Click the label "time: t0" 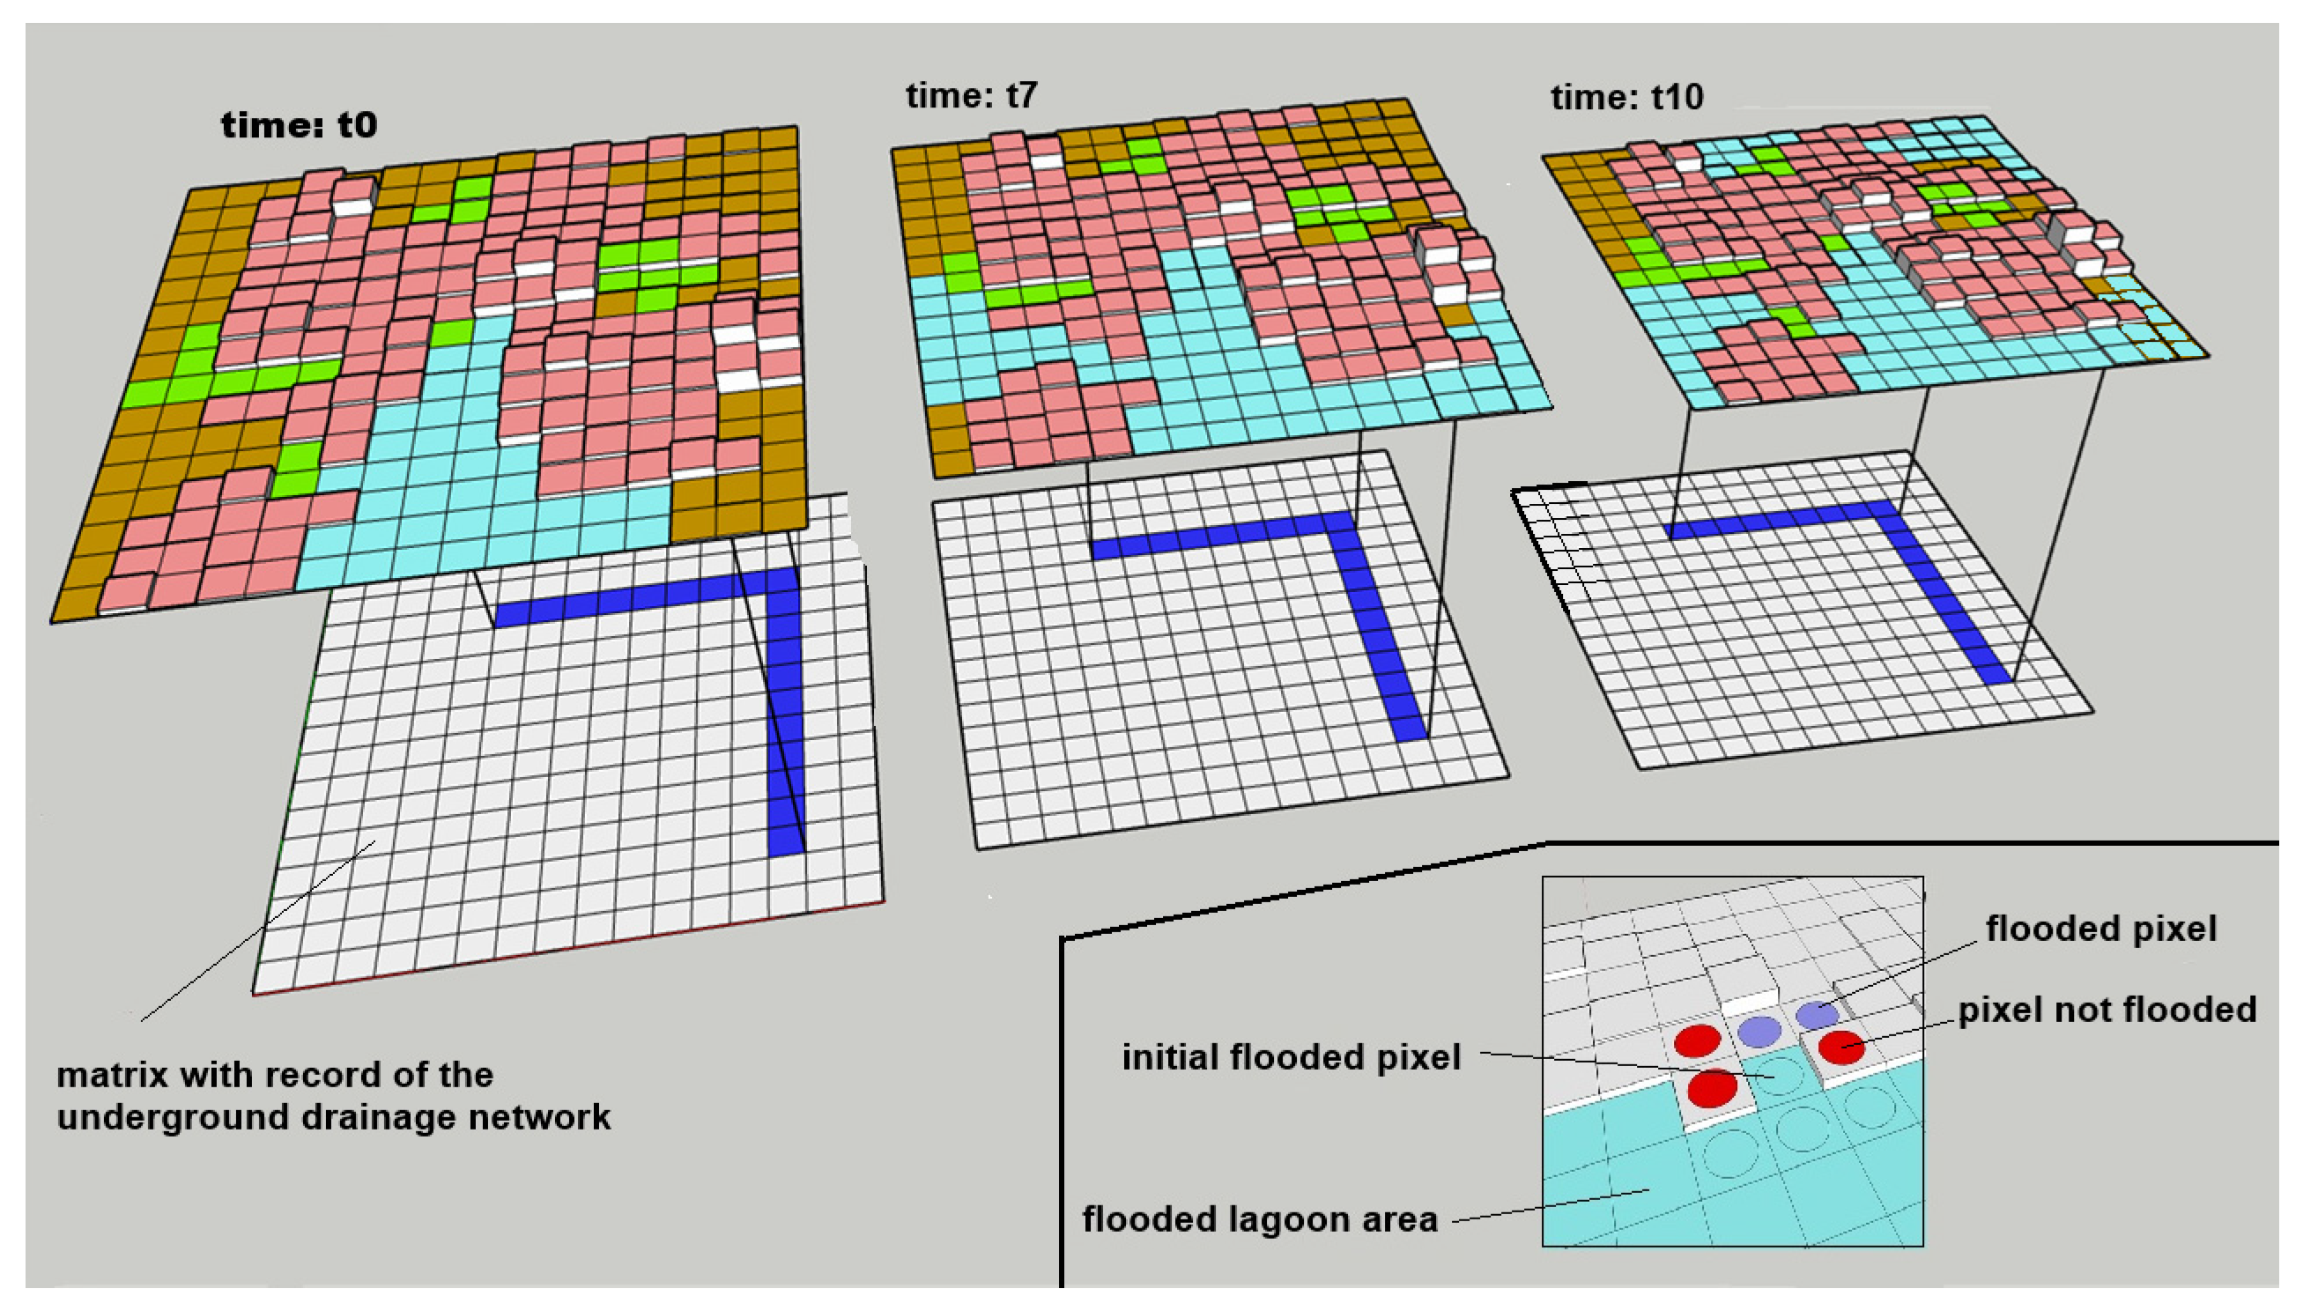point(299,125)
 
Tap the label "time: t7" point(972,95)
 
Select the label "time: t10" point(1626,97)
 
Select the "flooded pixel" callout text point(2100,930)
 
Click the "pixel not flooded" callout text point(2107,1011)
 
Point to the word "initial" point(1167,1057)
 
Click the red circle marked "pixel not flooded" point(1841,1047)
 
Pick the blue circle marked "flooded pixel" point(1817,1016)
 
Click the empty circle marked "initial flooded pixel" point(1778,1075)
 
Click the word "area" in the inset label point(1399,1219)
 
